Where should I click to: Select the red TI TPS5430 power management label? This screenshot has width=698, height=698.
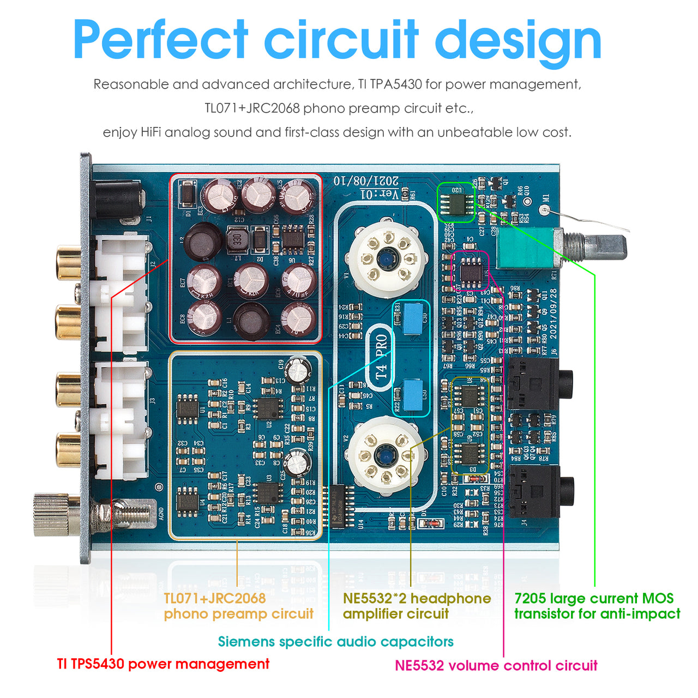tap(163, 664)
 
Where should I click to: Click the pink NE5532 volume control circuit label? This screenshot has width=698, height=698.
tap(496, 665)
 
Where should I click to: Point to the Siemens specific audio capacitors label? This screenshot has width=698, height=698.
tap(335, 641)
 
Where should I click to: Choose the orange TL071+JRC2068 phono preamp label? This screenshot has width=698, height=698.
tap(238, 606)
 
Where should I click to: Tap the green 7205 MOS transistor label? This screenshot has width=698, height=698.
tap(597, 606)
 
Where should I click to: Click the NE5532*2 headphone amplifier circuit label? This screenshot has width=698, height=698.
tap(417, 606)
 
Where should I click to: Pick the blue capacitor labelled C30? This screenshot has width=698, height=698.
tap(414, 318)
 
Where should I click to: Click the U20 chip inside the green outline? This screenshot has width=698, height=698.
tap(456, 203)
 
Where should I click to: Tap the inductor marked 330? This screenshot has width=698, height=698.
tap(236, 239)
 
